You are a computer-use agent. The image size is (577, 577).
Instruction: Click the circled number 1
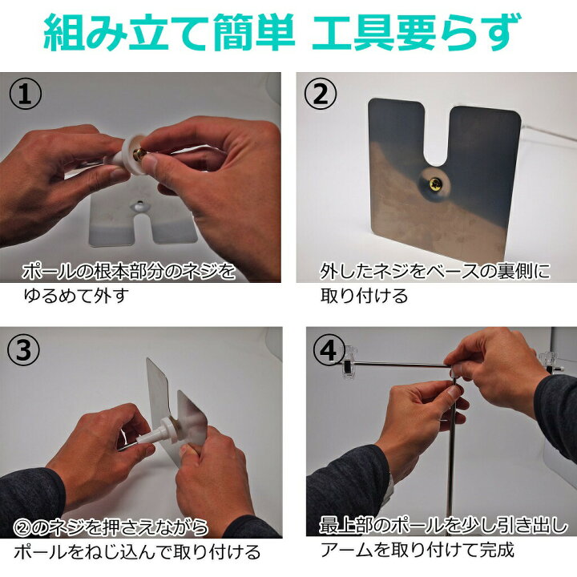[25, 95]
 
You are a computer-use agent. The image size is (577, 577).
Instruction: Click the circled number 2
[321, 94]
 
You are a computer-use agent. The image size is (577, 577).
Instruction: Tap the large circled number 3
[24, 350]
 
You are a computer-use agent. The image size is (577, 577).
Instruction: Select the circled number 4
[329, 349]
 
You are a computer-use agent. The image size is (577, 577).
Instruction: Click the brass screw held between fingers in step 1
[139, 155]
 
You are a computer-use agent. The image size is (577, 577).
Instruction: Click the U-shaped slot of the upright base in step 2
[437, 135]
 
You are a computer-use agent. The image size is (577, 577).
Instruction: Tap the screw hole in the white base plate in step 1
[139, 203]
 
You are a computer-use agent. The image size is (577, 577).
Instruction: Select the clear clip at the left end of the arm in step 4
[346, 362]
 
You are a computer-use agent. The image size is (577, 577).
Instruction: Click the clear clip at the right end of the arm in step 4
[547, 362]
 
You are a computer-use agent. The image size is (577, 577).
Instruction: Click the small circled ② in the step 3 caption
[22, 527]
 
